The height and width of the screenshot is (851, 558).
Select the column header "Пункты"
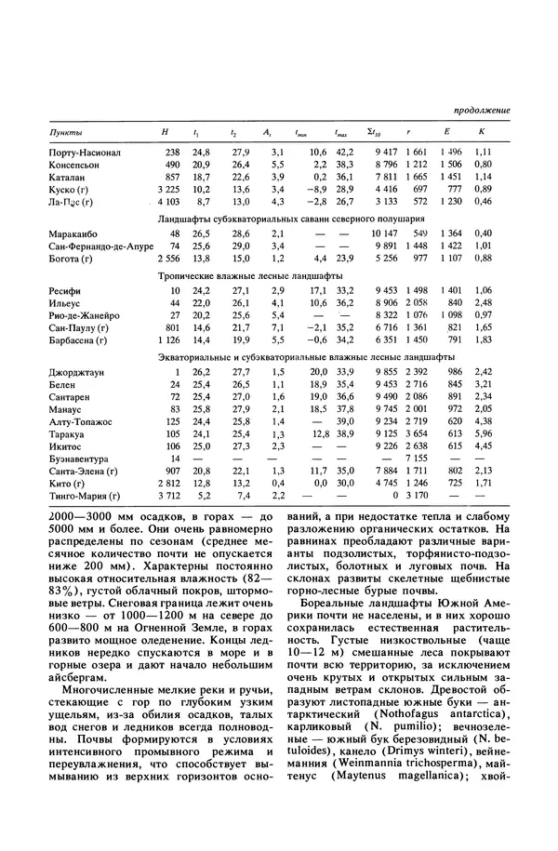point(63,134)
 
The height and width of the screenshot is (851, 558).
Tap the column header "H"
point(165,134)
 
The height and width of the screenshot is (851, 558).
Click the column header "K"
point(481,134)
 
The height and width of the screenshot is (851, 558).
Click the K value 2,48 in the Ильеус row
point(482,304)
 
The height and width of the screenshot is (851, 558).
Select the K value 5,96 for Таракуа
point(482,433)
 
